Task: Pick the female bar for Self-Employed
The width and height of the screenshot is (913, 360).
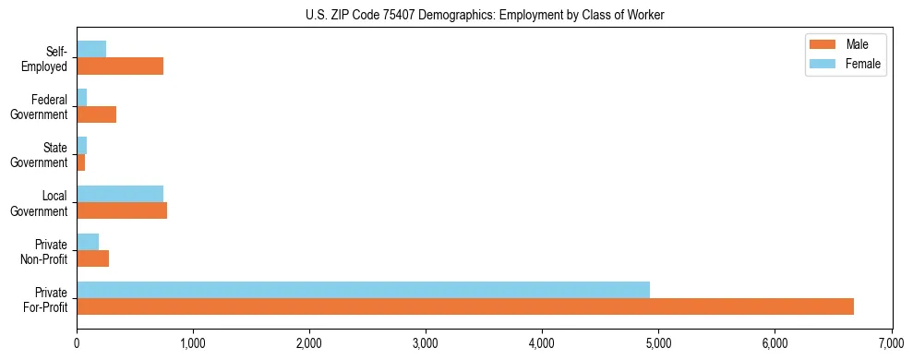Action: tap(91, 49)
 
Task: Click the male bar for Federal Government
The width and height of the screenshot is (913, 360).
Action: tap(96, 114)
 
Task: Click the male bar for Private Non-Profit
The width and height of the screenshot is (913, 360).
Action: tap(92, 258)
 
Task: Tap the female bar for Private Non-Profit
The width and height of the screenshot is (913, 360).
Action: tap(88, 241)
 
